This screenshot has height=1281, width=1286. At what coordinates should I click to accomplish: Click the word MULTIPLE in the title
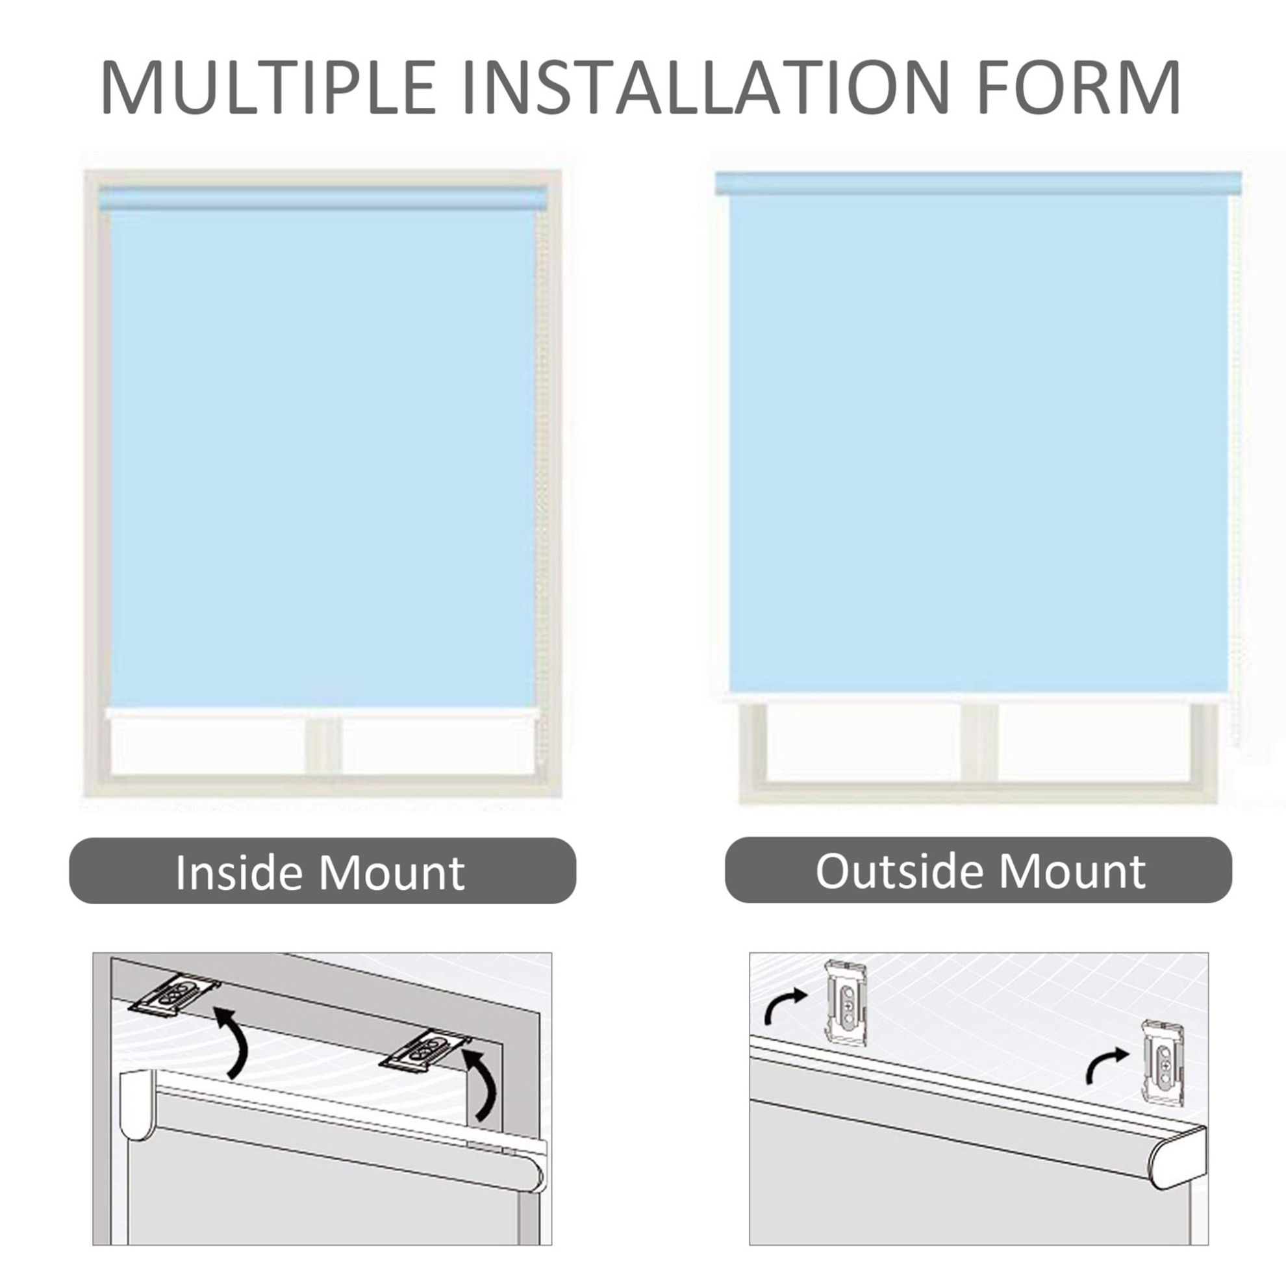click(268, 87)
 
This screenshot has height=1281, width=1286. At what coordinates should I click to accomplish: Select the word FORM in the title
click(1078, 87)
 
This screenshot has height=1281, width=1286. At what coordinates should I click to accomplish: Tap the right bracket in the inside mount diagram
click(427, 1051)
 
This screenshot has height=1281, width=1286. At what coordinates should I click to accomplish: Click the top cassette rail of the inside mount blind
click(323, 198)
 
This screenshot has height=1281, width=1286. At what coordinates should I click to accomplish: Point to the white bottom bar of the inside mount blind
click(321, 713)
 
